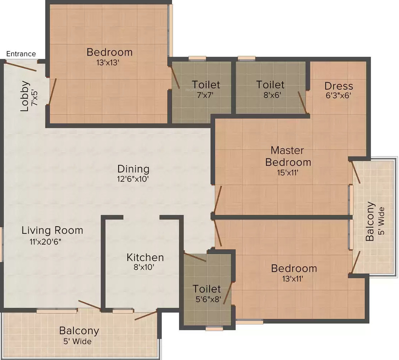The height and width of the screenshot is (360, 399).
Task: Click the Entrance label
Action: tap(21, 54)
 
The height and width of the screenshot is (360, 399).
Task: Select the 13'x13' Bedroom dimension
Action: tap(108, 62)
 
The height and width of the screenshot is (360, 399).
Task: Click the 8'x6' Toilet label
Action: tap(270, 85)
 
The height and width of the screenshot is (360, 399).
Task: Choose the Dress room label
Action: tap(339, 86)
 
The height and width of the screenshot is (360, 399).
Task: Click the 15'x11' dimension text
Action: tap(288, 173)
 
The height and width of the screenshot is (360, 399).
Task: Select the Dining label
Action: tap(133, 169)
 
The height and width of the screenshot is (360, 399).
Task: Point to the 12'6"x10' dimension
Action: tap(133, 179)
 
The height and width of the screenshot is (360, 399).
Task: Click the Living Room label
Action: tap(52, 230)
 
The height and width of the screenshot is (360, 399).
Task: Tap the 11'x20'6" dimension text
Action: tap(45, 242)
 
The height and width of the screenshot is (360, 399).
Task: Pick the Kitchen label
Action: tap(145, 257)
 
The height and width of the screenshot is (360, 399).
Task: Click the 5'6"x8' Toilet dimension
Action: tap(208, 299)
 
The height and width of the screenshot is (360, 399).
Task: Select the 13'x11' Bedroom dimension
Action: tap(293, 279)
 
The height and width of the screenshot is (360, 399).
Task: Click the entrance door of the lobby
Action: tap(21, 66)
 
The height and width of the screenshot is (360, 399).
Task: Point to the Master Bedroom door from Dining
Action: tap(217, 199)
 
